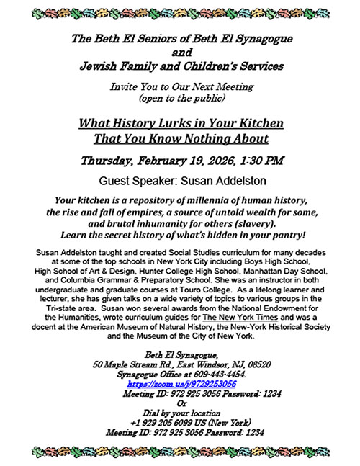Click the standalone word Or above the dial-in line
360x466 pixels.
(180, 404)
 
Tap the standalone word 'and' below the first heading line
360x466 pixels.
(180, 53)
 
